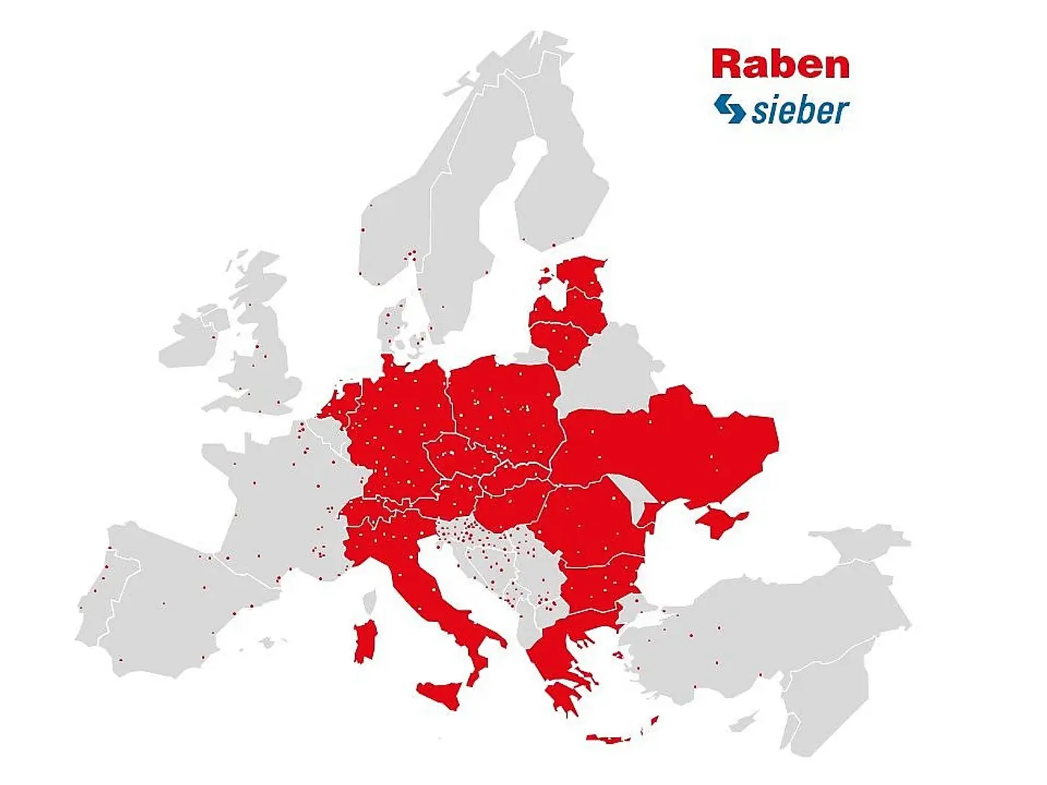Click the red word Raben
pyautogui.click(x=780, y=64)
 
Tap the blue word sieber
pyautogui.click(x=800, y=111)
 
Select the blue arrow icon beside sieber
pyautogui.click(x=729, y=108)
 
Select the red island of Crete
pyautogui.click(x=610, y=739)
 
